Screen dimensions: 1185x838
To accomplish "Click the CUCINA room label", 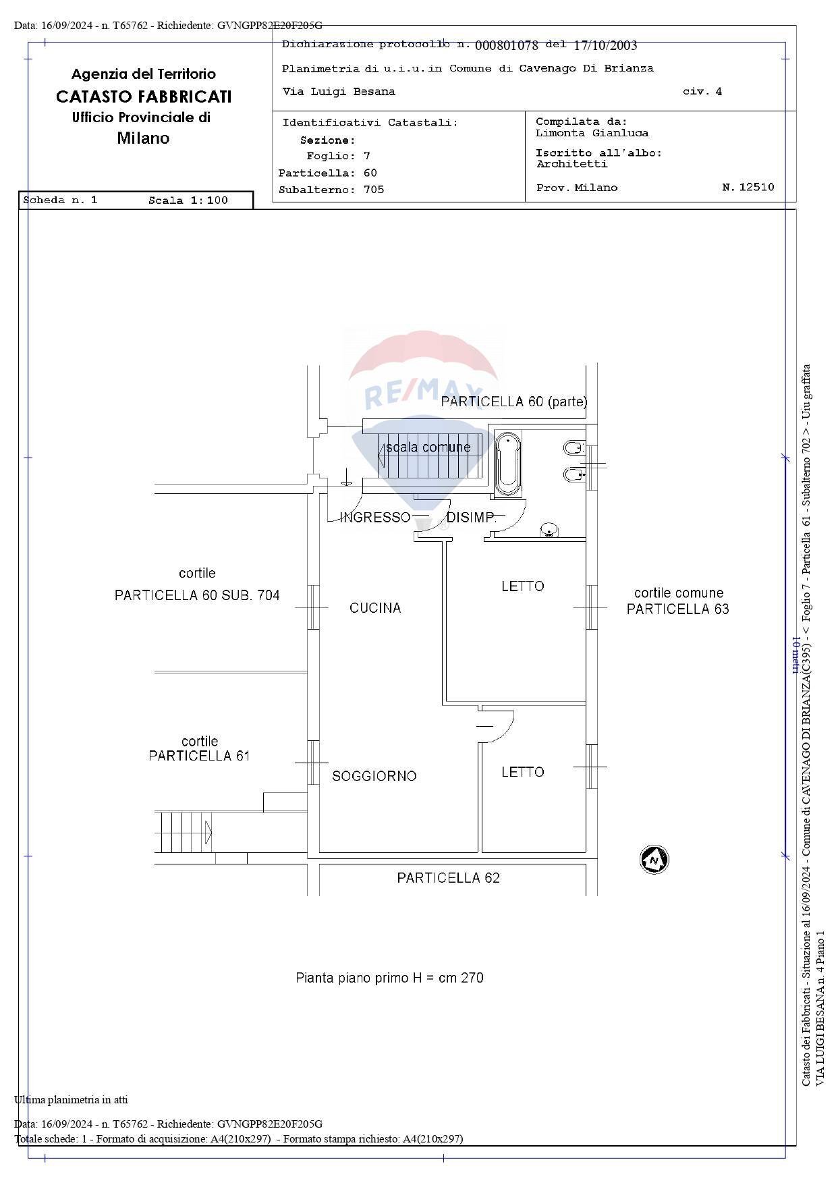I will (375, 608).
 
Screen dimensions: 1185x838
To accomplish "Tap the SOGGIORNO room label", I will (374, 776).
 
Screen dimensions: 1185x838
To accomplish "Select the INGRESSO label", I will (374, 518).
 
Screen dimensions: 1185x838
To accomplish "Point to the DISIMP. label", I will (471, 518).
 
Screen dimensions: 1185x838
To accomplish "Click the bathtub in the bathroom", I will (507, 465).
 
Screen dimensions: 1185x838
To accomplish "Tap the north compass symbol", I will (654, 860).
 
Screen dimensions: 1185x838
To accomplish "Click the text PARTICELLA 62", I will (448, 878).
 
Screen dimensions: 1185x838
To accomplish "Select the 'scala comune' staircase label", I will (428, 447).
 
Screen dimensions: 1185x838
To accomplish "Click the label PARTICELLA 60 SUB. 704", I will (197, 595).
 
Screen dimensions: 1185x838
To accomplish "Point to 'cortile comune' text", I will (678, 593).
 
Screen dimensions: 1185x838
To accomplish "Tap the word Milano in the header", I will (143, 138).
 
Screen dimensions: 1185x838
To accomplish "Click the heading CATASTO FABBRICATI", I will (143, 97).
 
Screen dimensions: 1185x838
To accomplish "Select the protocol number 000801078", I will (507, 45).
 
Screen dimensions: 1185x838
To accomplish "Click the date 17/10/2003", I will (605, 45).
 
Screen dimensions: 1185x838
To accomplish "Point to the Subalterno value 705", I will (374, 190).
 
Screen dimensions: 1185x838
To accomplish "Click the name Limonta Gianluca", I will (592, 134).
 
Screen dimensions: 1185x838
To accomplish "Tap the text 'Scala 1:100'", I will (188, 200).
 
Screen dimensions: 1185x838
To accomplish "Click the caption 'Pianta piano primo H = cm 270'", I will (389, 978).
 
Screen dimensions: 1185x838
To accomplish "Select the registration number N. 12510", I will (748, 188).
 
